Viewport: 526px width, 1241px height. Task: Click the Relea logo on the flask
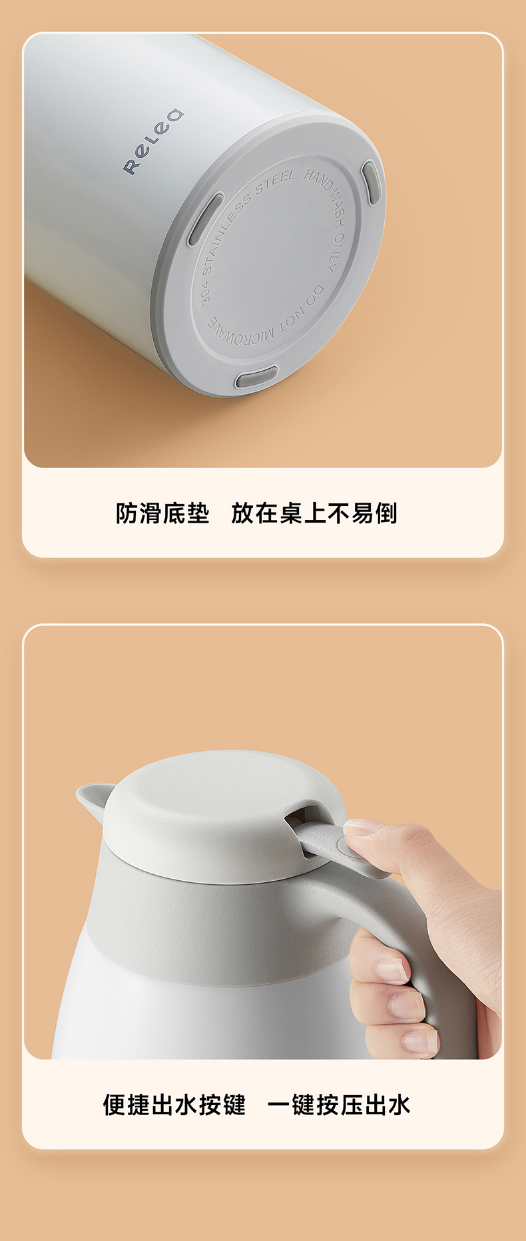153,141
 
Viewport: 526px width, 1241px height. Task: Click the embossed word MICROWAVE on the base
240,332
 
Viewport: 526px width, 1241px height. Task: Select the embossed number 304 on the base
205,292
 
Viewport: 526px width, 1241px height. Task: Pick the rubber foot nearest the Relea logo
206,219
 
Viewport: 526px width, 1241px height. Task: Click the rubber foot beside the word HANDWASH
372,181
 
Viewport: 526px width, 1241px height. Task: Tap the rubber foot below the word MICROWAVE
256,377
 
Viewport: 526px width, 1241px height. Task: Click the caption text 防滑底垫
162,513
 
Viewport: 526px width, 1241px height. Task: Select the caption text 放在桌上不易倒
314,513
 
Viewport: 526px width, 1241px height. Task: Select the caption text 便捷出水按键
174,1105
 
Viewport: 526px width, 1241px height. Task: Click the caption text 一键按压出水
339,1105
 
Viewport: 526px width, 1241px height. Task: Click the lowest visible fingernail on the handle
420,1041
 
